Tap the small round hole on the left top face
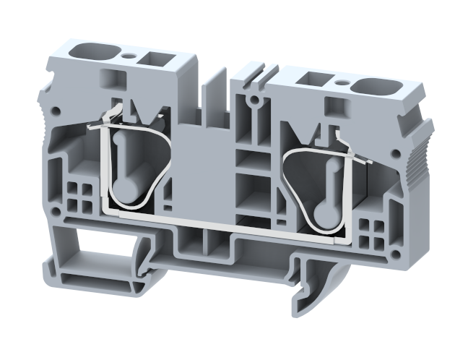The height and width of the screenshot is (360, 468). [129, 55]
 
